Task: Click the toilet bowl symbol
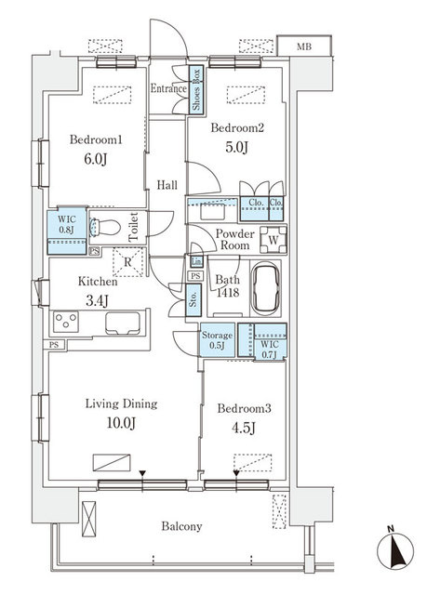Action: pos(104,228)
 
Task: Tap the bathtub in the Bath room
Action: pos(266,289)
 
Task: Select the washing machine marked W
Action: pos(273,240)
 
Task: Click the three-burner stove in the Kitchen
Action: pos(66,322)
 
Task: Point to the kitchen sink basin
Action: pos(123,323)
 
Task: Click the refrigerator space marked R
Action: pos(128,262)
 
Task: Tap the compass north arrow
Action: pos(395,550)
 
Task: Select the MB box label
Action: pos(304,46)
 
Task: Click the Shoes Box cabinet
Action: pos(196,89)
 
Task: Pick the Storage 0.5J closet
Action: pos(217,339)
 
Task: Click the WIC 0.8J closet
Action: pos(67,231)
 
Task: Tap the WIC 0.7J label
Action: pos(270,350)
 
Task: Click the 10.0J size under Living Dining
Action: pos(122,423)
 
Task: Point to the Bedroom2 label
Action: pos(237,128)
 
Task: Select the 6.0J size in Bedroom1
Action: pos(96,159)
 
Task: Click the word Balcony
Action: pos(181,526)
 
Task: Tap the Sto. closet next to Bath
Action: pos(193,300)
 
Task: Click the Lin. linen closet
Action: pos(196,261)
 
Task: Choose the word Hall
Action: pos(167,185)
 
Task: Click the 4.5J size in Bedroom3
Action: pos(244,428)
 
